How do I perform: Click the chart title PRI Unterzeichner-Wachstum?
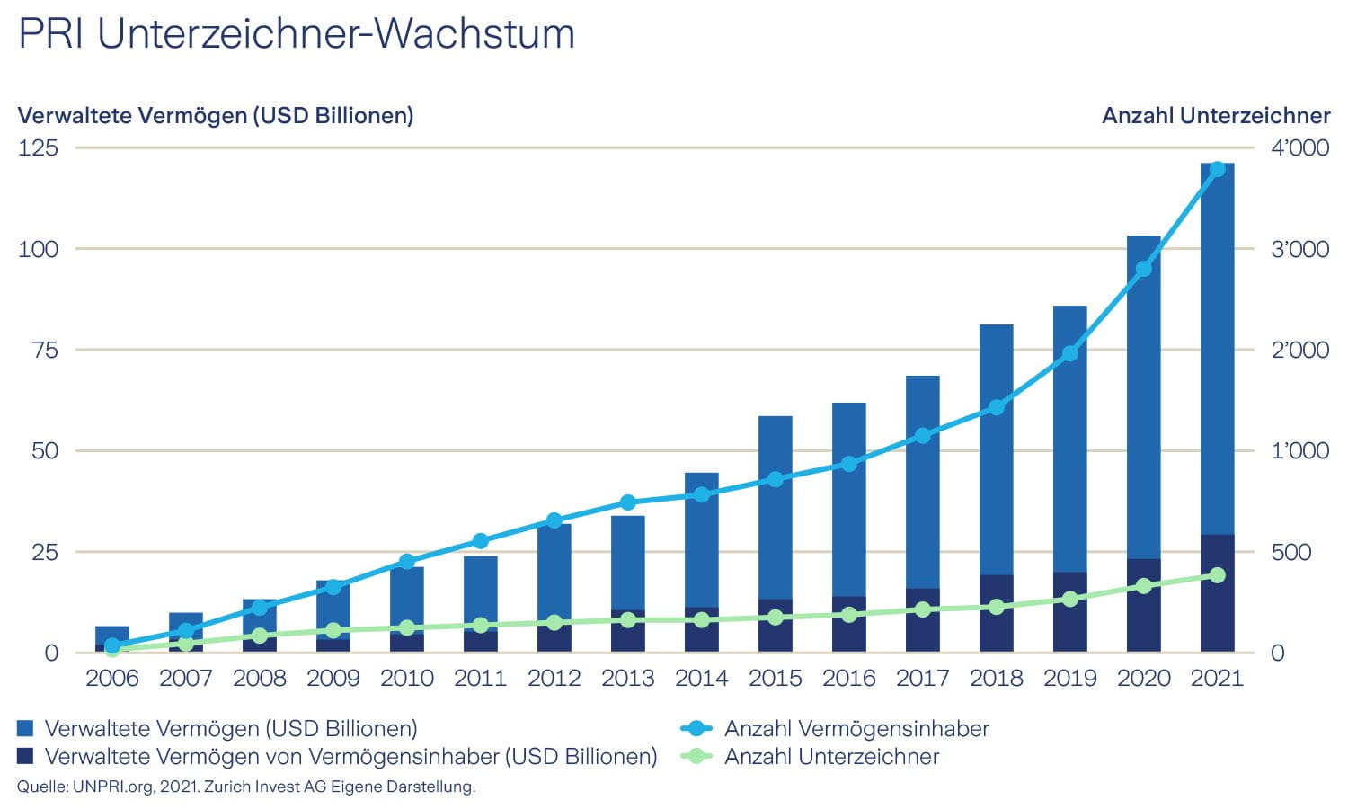tap(297, 34)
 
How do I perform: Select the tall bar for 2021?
tap(1217, 360)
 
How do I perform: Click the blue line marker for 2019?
tap(1069, 353)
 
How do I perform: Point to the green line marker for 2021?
tap(1217, 575)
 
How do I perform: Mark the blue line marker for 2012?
tap(554, 520)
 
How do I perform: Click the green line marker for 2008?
tap(260, 636)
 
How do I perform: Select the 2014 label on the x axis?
tap(701, 678)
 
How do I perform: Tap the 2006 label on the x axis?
tap(112, 678)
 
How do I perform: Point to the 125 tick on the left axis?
tap(38, 147)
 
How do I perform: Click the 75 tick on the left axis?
tap(44, 350)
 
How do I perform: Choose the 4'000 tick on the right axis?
tap(1299, 147)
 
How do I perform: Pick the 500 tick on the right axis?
tap(1290, 552)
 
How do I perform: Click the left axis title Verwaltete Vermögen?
tap(216, 116)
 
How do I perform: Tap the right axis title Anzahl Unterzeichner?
tap(1215, 116)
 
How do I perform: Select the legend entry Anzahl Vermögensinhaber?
tap(856, 728)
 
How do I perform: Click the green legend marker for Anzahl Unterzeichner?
tap(696, 756)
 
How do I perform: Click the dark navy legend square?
tap(25, 756)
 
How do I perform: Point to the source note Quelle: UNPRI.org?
tap(245, 787)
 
